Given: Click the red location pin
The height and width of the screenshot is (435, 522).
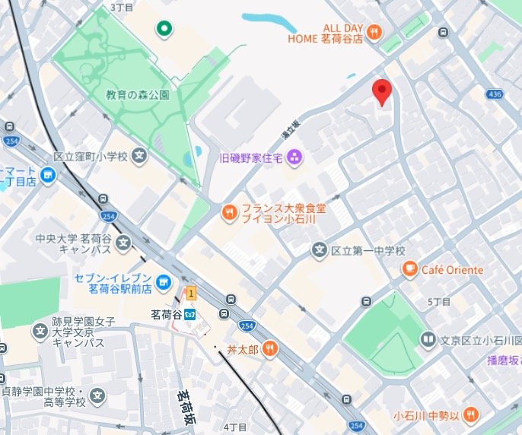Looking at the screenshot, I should [382, 93].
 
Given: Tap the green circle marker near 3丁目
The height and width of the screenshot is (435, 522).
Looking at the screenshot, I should [163, 30].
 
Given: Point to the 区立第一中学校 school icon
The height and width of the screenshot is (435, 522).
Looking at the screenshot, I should [320, 250].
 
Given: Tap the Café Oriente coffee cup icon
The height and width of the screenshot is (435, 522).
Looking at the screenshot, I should [410, 269].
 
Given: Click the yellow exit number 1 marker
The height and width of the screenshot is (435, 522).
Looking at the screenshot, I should [192, 293].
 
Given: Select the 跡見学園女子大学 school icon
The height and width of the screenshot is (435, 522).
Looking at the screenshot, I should [40, 331].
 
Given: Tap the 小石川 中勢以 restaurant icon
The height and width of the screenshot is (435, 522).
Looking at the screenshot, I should [471, 414].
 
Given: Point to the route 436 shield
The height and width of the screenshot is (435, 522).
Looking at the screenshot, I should [495, 94].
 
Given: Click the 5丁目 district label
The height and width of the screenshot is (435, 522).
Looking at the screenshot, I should [439, 302].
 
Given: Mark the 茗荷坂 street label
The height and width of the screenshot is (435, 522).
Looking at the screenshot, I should [185, 407].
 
